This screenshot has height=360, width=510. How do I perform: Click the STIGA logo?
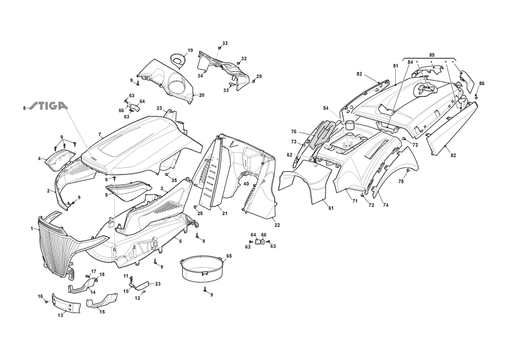tap(49, 106)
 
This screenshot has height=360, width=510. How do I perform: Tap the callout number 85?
tap(431, 55)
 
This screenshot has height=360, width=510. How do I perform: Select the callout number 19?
tap(190, 50)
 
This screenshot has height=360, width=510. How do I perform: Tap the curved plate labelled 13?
tap(66, 303)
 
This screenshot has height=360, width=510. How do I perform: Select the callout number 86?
tap(482, 84)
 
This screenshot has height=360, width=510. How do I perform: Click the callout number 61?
tap(331, 208)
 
